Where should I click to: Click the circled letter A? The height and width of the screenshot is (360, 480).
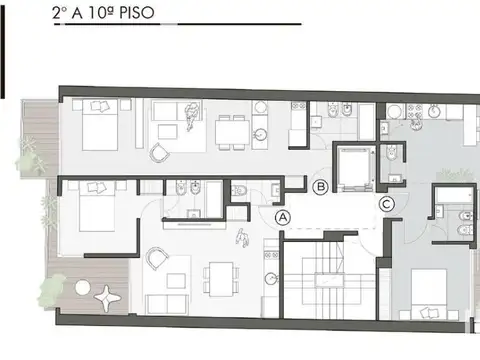click(283, 218)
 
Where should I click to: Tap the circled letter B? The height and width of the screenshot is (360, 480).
click(321, 187)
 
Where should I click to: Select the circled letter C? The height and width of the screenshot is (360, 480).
click(387, 204)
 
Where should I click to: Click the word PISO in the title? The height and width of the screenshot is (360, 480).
click(137, 13)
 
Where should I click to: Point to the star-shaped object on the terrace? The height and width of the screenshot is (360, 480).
click(107, 298)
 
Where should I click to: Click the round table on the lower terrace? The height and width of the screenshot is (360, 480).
click(83, 288)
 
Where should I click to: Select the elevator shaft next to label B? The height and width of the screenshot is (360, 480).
click(355, 168)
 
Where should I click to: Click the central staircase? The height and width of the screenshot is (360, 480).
click(329, 279)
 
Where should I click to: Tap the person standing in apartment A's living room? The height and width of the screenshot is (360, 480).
click(243, 238)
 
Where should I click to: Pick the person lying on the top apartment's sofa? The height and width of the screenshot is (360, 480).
click(191, 116)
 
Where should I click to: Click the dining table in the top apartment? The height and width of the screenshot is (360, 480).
click(232, 132)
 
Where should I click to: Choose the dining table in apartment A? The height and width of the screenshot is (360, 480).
click(222, 279)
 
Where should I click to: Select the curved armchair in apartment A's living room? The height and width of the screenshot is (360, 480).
click(157, 258)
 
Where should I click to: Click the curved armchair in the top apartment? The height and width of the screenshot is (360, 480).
click(159, 153)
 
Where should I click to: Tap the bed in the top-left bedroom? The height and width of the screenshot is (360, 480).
click(100, 125)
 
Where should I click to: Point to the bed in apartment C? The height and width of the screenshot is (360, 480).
click(429, 294)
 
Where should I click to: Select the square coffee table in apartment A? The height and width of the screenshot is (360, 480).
click(176, 281)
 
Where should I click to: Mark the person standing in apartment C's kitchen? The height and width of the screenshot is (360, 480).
click(416, 124)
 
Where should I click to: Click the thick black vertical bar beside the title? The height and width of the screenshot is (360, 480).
click(2, 52)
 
